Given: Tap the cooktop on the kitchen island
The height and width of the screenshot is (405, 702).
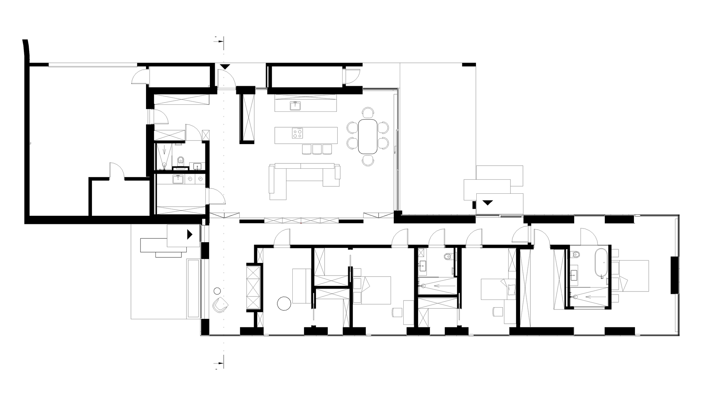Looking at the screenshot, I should coord(298,133).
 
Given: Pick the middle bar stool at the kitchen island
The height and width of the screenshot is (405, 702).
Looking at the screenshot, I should coord(317,149).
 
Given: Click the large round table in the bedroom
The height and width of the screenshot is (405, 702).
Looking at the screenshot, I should coord(284,304).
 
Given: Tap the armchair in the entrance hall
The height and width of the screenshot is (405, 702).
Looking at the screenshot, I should coord(221,305).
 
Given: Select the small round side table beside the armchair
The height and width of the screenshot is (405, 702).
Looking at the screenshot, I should coord(217,291).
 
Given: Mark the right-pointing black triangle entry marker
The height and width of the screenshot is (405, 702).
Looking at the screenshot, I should coord(190,234).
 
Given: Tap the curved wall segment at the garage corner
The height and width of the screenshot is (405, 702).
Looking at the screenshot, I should coord(26,51).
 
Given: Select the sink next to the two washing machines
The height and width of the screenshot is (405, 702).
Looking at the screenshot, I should coord(178,179).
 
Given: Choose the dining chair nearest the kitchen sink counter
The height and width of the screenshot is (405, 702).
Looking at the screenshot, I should coord(368,112).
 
